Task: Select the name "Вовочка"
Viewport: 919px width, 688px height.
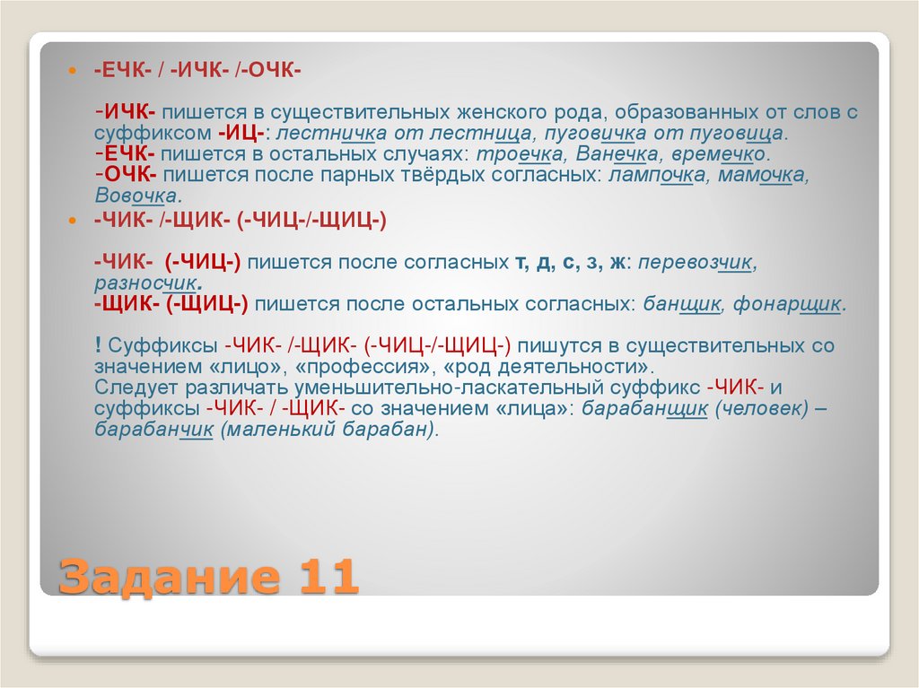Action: [136, 196]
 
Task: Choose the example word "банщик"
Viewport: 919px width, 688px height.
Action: [682, 304]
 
